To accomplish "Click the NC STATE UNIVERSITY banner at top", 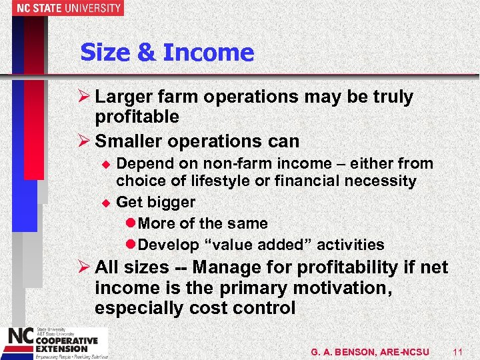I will click(62, 8).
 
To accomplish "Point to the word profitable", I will click(137, 117).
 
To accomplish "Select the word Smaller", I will click(129, 141).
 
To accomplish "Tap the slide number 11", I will click(457, 351).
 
